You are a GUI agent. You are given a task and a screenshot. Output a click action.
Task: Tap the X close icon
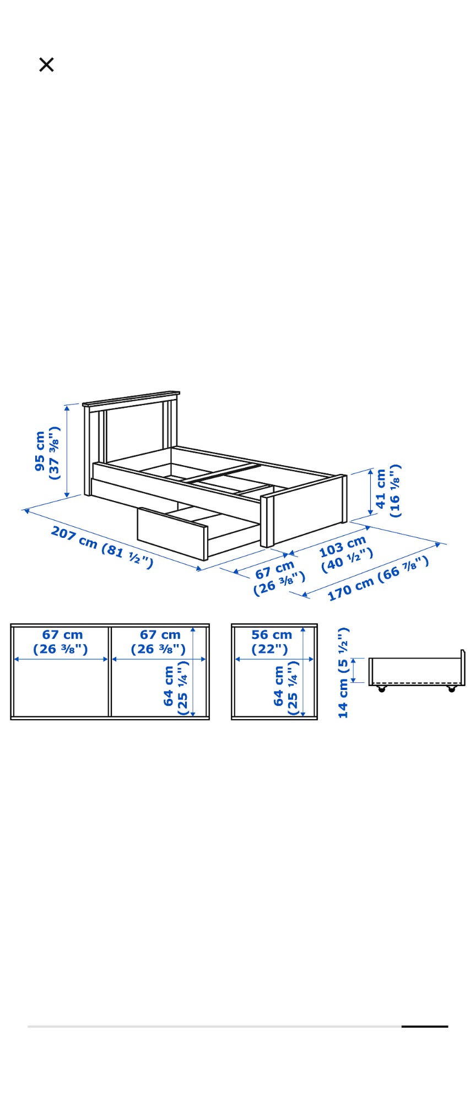point(46,64)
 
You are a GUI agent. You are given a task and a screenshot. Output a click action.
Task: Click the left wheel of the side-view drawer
point(381,689)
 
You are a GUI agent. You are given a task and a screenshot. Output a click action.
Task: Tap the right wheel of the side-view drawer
point(452,689)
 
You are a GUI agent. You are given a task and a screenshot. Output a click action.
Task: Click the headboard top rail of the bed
point(131,399)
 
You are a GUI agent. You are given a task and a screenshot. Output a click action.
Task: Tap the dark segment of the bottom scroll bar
point(424,1027)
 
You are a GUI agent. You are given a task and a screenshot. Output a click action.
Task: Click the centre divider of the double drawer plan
point(110,671)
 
